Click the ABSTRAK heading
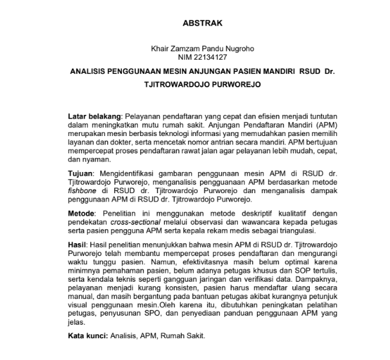pos(203,23)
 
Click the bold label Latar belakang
pos(94,115)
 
